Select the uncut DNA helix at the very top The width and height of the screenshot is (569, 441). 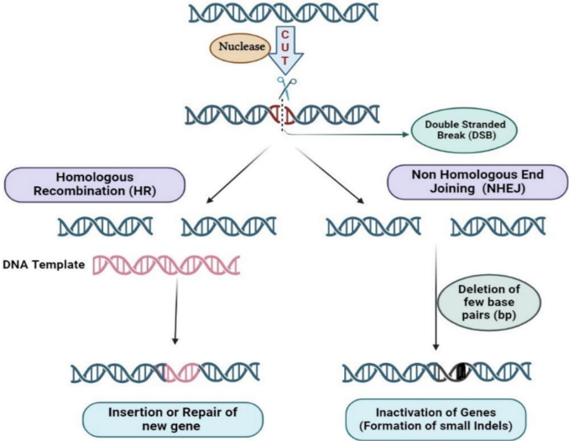pos(283,12)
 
